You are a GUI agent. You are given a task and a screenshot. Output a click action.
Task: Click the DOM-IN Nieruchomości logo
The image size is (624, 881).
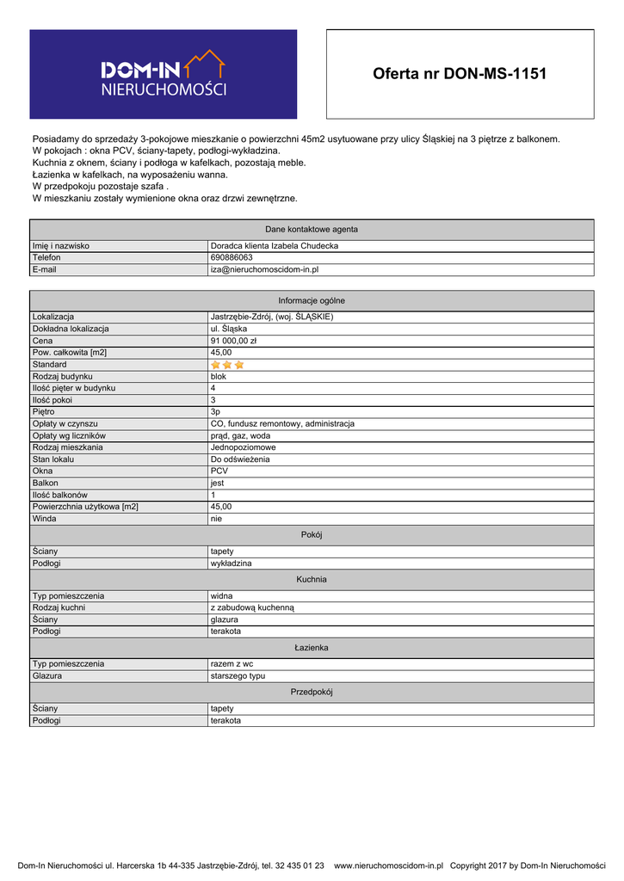tap(164, 74)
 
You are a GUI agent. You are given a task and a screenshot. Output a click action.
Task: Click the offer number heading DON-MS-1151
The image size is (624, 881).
tap(460, 74)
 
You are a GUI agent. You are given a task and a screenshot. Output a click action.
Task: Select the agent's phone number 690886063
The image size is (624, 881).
tap(232, 257)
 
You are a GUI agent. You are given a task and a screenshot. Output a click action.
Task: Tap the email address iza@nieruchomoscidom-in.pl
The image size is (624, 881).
tap(264, 269)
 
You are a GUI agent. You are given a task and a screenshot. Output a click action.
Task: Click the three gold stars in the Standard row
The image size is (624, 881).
tap(227, 365)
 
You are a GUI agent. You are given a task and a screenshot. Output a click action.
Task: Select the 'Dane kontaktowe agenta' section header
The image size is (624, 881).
tap(312, 229)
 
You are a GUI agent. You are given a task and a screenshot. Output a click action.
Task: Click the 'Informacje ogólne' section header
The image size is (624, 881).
tap(312, 300)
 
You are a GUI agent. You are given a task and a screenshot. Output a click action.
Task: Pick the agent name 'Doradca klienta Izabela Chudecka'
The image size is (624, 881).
tap(275, 246)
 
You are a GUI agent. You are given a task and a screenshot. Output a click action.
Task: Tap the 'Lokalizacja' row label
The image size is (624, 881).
tap(53, 317)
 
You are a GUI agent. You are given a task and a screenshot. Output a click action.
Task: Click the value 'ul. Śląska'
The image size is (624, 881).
tap(229, 329)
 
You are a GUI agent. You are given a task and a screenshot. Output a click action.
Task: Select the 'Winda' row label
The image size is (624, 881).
tap(45, 519)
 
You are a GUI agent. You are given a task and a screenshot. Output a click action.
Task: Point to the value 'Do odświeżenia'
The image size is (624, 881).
tap(240, 459)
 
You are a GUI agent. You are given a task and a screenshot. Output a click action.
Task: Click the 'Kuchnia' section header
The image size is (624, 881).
tap(312, 579)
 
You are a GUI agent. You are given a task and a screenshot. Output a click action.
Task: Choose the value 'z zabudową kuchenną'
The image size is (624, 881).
tap(252, 607)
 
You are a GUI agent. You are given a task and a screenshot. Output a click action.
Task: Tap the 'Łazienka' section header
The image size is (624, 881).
tap(312, 647)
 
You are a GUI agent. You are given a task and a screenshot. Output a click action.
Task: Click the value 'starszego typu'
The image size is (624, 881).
tap(238, 676)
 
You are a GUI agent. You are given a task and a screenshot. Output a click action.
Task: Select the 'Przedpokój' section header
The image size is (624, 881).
tap(312, 692)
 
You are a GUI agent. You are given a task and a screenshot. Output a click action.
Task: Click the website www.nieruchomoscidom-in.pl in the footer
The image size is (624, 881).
tap(388, 866)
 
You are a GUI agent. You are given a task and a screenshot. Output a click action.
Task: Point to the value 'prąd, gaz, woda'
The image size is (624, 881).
tap(240, 435)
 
